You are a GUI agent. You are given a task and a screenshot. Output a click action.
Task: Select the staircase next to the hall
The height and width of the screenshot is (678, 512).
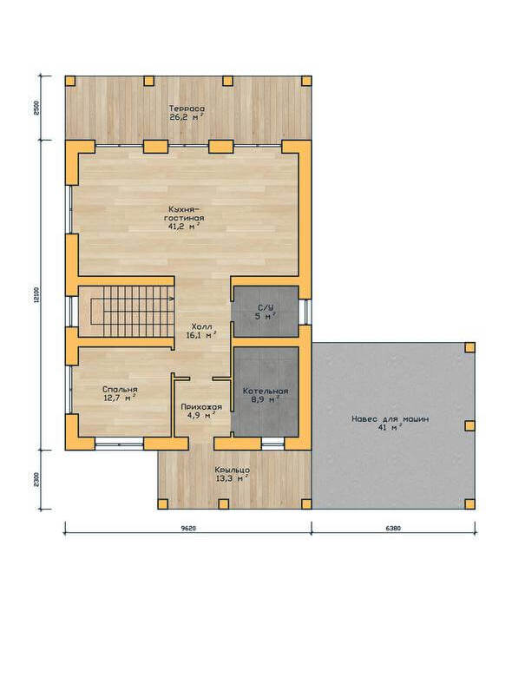[126, 311]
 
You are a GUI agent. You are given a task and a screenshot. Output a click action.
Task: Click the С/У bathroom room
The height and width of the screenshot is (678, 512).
[266, 311]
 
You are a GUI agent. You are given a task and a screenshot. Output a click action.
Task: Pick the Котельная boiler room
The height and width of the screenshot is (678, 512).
[266, 392]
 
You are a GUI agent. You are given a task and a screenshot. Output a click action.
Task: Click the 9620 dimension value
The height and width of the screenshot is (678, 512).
[188, 528]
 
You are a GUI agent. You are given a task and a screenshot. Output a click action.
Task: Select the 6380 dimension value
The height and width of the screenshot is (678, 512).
[393, 528]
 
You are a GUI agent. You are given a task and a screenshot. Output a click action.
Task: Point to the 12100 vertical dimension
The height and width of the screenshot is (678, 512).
[36, 295]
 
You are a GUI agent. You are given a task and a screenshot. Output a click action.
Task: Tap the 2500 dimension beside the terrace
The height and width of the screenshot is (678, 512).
[36, 109]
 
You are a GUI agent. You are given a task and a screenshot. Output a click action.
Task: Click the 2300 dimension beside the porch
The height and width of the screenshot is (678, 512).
[36, 479]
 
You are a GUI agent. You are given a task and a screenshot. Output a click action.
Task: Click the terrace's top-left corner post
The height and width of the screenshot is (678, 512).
[70, 81]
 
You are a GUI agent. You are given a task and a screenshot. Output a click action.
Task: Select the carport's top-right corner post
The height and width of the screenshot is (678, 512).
[470, 347]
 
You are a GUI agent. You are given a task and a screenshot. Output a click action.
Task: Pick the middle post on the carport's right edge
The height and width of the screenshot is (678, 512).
[470, 426]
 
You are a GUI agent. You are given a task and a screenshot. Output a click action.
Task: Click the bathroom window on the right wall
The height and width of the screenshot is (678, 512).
[307, 312]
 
